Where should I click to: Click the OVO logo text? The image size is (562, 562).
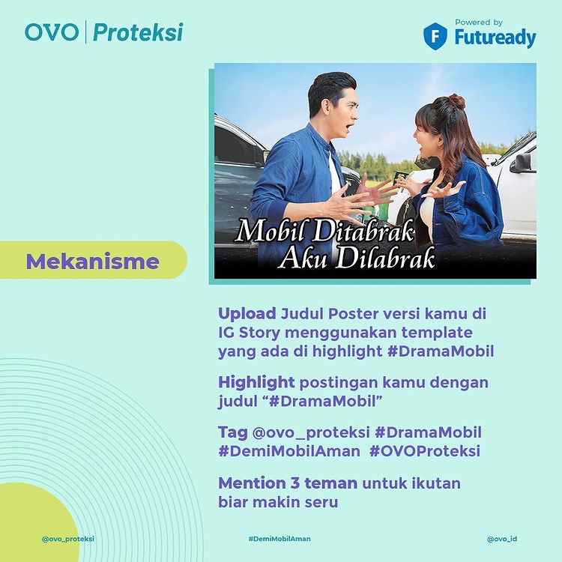[52, 32]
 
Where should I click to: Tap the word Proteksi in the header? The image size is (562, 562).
[138, 32]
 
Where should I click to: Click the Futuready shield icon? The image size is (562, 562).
[435, 36]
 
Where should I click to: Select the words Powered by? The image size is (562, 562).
[479, 22]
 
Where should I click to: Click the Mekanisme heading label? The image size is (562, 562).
[92, 262]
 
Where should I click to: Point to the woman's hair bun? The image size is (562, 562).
[456, 101]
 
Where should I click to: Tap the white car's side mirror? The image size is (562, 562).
[521, 163]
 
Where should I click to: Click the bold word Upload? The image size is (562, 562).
[247, 314]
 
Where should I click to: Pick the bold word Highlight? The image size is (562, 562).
[256, 383]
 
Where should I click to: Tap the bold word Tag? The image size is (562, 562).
[232, 432]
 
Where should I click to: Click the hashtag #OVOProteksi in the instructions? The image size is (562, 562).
[425, 451]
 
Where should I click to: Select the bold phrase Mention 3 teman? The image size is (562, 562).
[288, 483]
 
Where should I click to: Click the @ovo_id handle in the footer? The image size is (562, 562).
[502, 539]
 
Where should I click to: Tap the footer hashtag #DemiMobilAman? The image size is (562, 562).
[280, 539]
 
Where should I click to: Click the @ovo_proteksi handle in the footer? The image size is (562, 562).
[68, 539]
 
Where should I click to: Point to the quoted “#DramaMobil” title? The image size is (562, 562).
[324, 402]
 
